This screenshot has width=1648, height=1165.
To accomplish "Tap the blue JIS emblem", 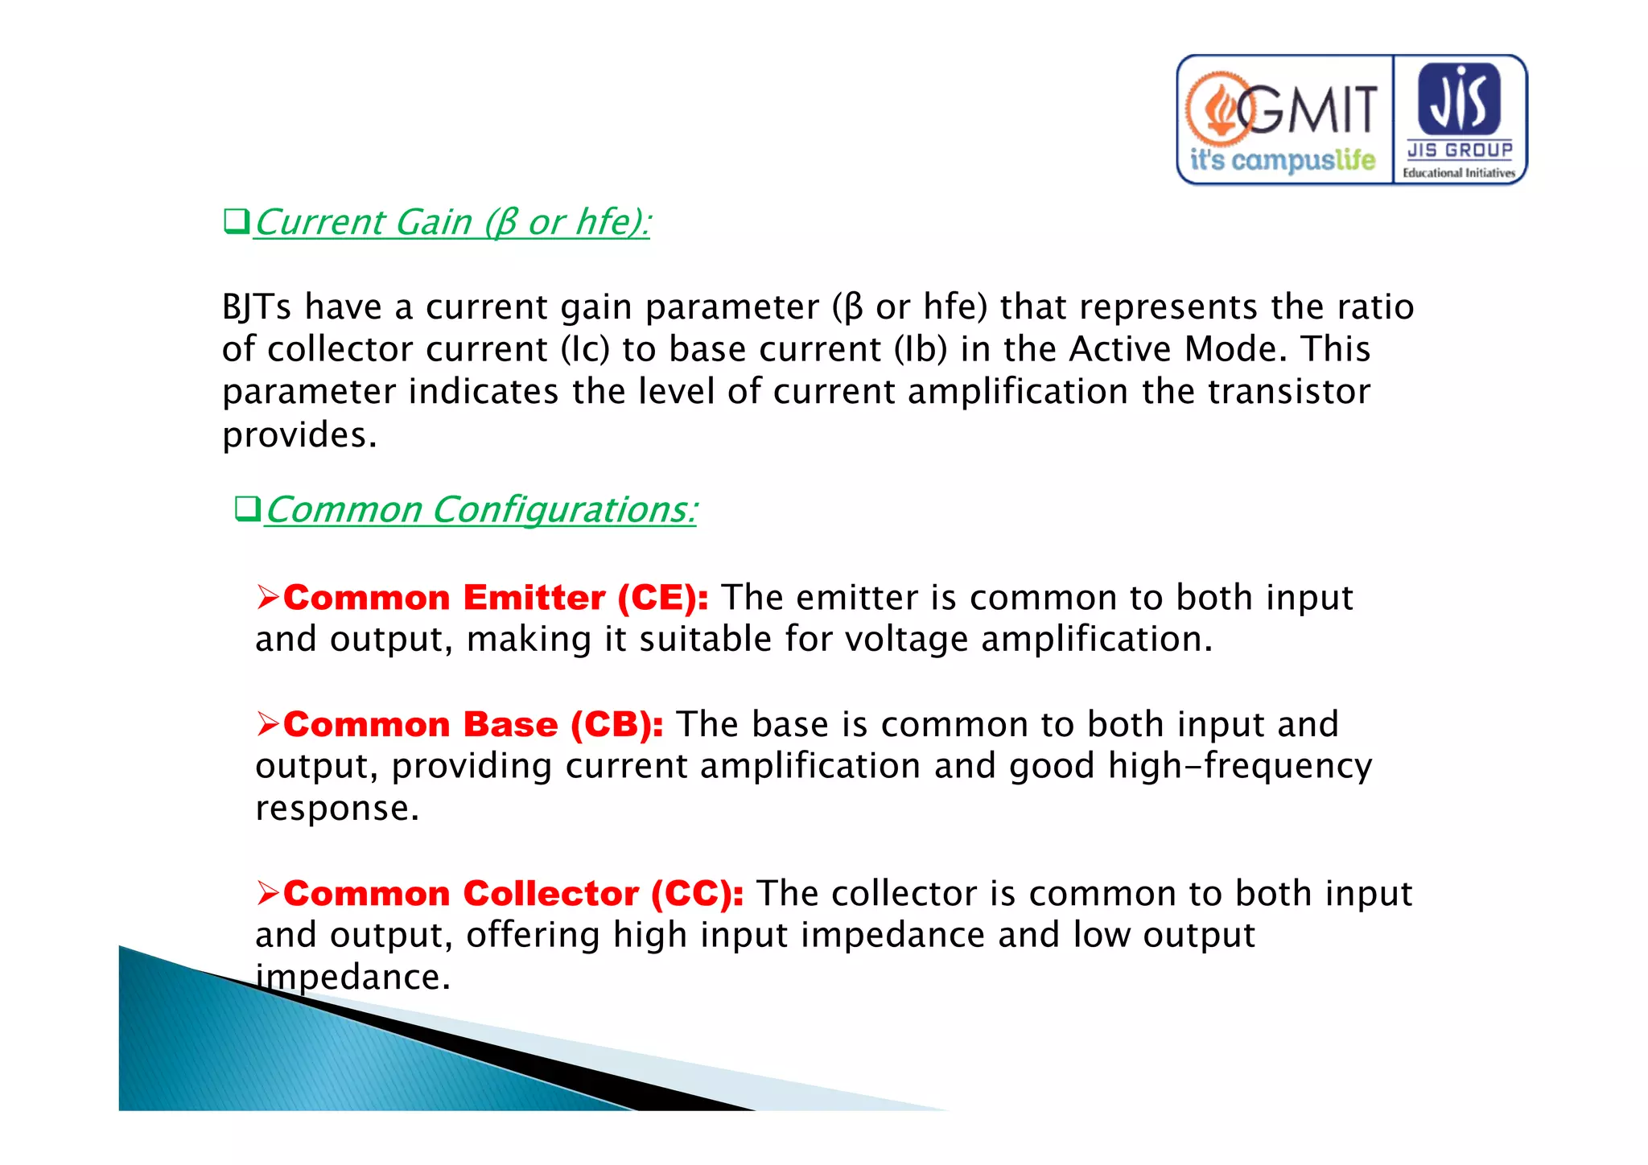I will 1459,99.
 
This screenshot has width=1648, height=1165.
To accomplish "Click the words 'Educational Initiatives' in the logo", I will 1458,172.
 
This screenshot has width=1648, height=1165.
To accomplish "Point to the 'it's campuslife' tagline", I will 1283,159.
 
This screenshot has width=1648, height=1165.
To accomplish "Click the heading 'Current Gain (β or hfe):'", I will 452,222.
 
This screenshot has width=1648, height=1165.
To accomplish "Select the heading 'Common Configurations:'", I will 480,510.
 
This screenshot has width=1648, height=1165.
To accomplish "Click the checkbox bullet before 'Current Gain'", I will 236,220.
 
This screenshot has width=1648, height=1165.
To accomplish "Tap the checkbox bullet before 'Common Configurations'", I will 247,508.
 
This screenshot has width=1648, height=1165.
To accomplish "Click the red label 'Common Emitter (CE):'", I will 496,598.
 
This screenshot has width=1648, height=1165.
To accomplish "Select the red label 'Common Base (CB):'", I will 473,725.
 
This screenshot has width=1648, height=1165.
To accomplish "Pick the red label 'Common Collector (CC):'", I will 513,894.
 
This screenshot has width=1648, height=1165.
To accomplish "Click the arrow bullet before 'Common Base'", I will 267,724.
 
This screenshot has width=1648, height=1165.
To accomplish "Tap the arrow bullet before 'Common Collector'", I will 267,893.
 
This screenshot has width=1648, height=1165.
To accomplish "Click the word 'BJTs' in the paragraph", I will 256,307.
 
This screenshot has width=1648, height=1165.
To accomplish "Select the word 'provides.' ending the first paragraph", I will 299,435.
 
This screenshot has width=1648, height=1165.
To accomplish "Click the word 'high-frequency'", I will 1239,766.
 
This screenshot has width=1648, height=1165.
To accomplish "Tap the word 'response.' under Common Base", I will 337,808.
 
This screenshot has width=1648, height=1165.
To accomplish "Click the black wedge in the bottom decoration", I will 515,1054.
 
